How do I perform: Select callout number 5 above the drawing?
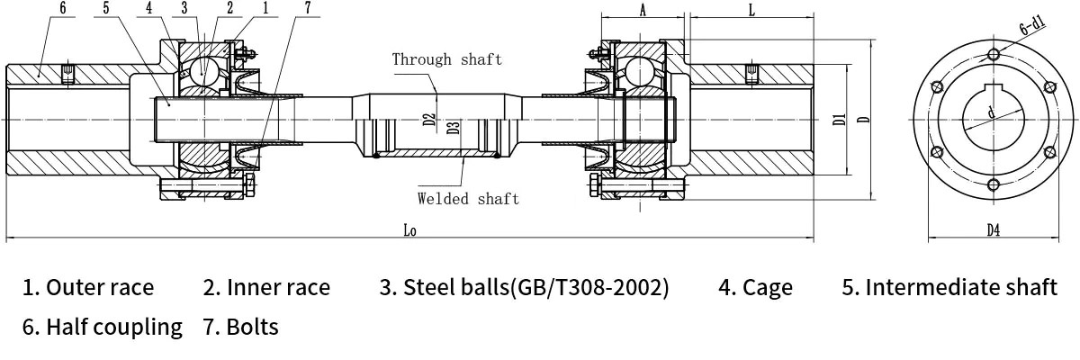(x=106, y=8)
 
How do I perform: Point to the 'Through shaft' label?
(x=446, y=59)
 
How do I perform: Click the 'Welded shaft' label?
(x=468, y=199)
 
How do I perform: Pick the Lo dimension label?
(x=409, y=230)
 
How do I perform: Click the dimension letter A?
(x=643, y=9)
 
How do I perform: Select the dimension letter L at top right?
(x=751, y=9)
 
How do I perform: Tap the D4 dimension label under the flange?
(x=993, y=230)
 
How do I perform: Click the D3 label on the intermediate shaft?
(x=454, y=127)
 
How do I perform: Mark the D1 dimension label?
(x=837, y=118)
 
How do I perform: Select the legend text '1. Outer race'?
(x=88, y=288)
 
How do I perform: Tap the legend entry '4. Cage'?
(x=755, y=288)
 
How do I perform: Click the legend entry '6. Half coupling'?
(x=103, y=327)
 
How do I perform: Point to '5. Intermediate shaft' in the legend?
(x=949, y=288)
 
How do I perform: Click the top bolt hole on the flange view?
(x=993, y=51)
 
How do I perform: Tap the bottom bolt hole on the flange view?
(x=993, y=185)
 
